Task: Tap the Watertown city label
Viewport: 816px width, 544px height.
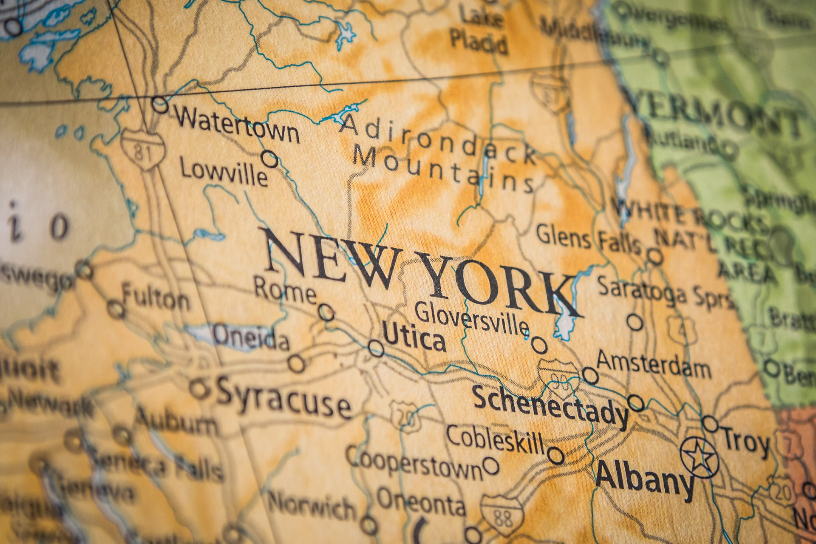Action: pyautogui.click(x=238, y=124)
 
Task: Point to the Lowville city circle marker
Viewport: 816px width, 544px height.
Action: pyautogui.click(x=269, y=159)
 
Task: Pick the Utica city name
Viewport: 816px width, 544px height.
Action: pyautogui.click(x=414, y=339)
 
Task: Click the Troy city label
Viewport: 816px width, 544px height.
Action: pyautogui.click(x=746, y=442)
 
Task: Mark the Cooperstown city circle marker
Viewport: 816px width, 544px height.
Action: pyautogui.click(x=491, y=466)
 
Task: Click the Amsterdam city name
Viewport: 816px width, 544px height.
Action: pyautogui.click(x=654, y=365)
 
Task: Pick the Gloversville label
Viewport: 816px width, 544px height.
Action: pyautogui.click(x=472, y=319)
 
